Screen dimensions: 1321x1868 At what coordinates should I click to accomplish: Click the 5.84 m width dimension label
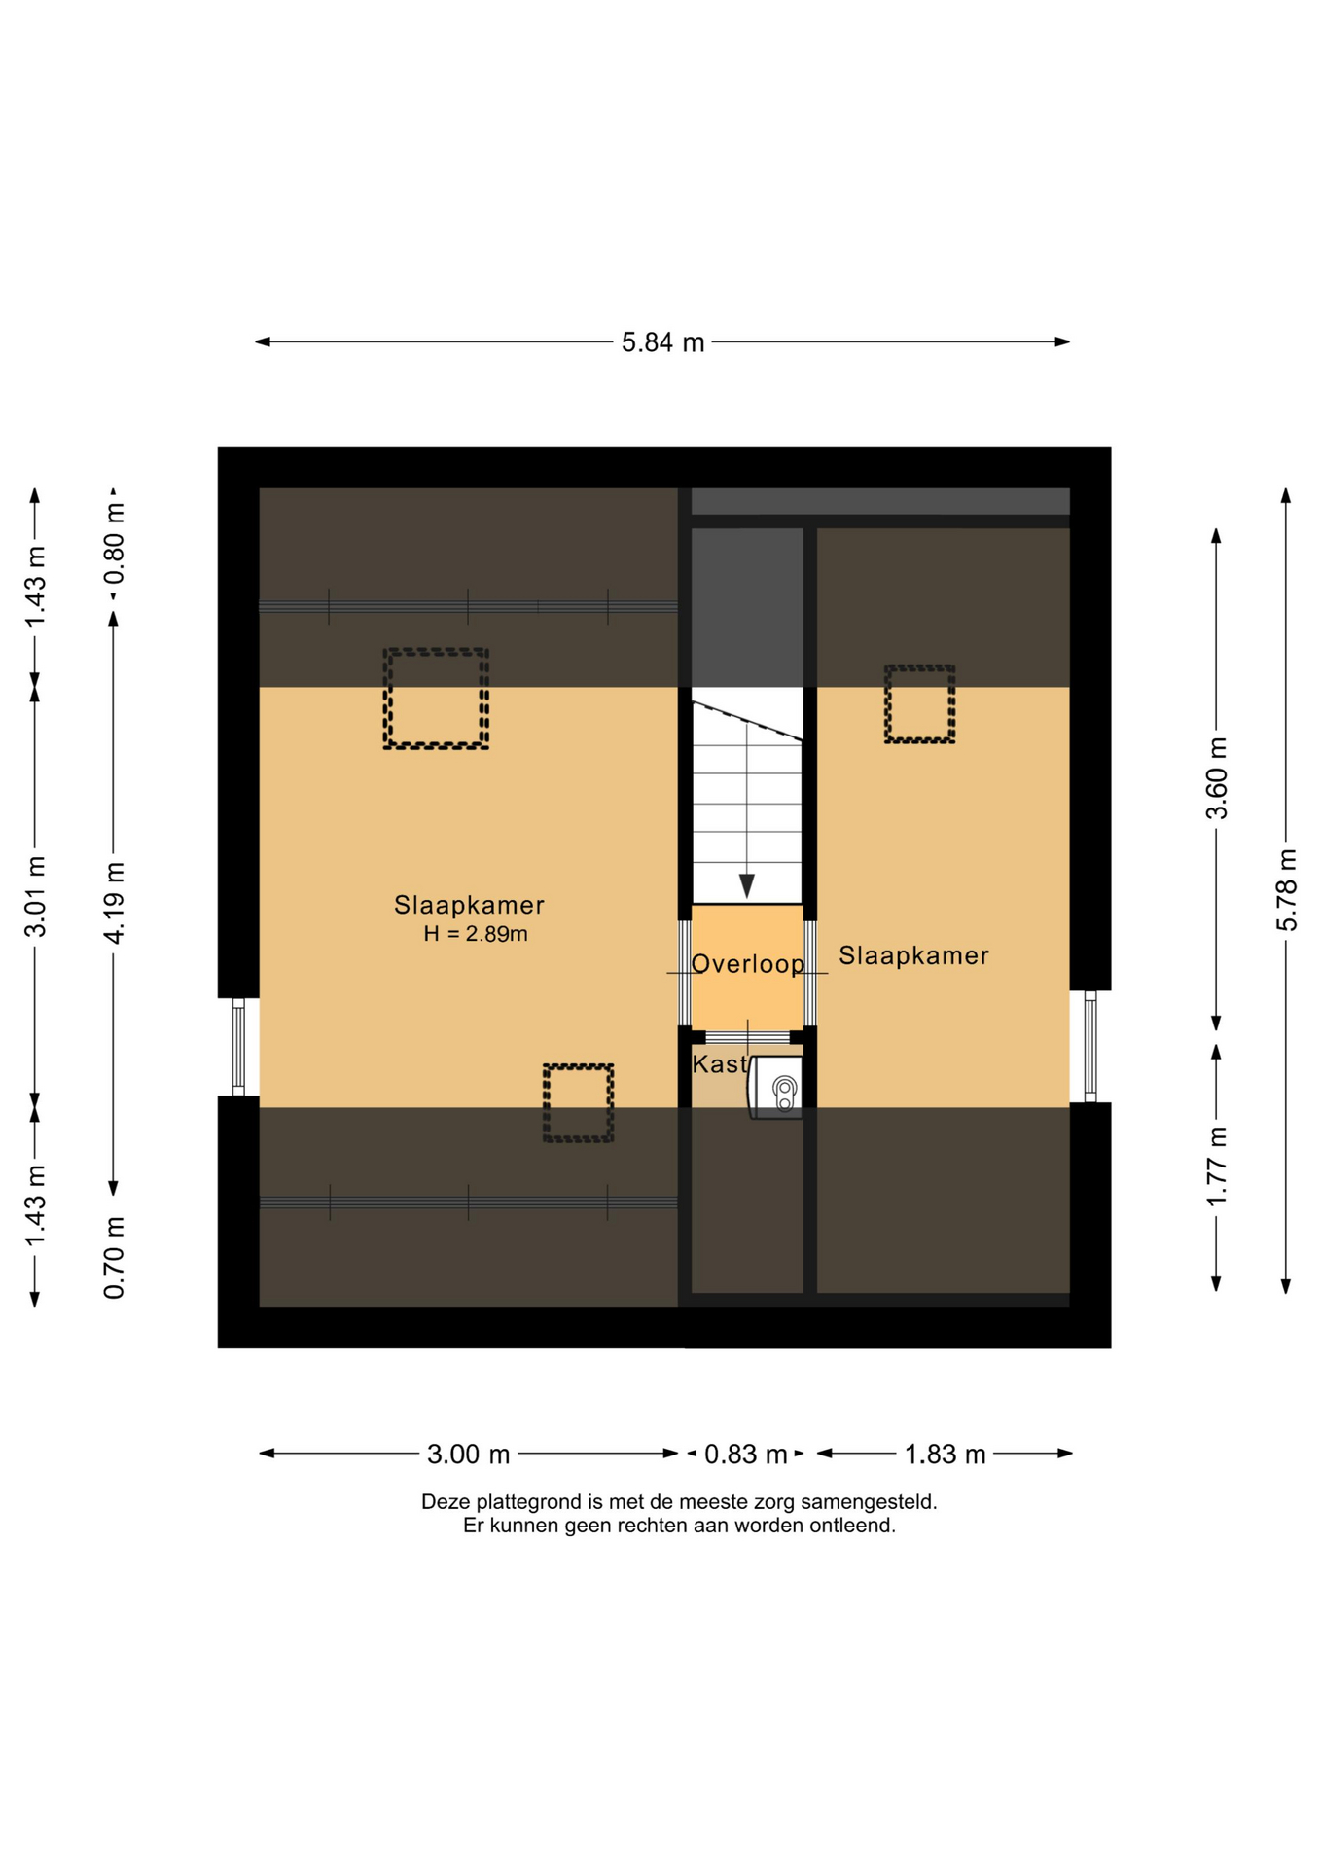(662, 342)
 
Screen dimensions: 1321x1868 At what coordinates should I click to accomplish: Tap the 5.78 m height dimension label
(1286, 889)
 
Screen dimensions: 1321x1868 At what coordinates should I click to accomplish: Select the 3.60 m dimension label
(1217, 778)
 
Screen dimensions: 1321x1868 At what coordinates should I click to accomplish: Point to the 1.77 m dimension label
(1217, 1166)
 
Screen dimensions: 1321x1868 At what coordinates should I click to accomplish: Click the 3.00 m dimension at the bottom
(468, 1454)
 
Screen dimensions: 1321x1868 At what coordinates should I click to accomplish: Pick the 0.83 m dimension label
(745, 1454)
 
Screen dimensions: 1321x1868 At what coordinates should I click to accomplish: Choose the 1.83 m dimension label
(945, 1454)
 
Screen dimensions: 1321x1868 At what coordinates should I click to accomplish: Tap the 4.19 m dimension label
(114, 902)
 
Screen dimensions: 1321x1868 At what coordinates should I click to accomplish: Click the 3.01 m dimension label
(35, 896)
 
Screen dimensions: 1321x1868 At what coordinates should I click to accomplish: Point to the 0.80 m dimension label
(114, 543)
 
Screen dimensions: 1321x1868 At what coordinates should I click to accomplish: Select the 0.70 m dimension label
(114, 1257)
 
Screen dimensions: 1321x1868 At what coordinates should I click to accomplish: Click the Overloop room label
(747, 963)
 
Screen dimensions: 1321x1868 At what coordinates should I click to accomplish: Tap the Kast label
(719, 1064)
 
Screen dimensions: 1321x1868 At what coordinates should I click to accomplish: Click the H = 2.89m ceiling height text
(476, 934)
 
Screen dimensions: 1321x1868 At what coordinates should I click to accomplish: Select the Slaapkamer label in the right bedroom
(913, 955)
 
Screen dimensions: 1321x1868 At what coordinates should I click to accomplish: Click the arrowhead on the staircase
(746, 885)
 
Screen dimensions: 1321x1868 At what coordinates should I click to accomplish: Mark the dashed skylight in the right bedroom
(919, 704)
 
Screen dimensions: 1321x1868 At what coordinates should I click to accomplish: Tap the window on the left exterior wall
(238, 1047)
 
